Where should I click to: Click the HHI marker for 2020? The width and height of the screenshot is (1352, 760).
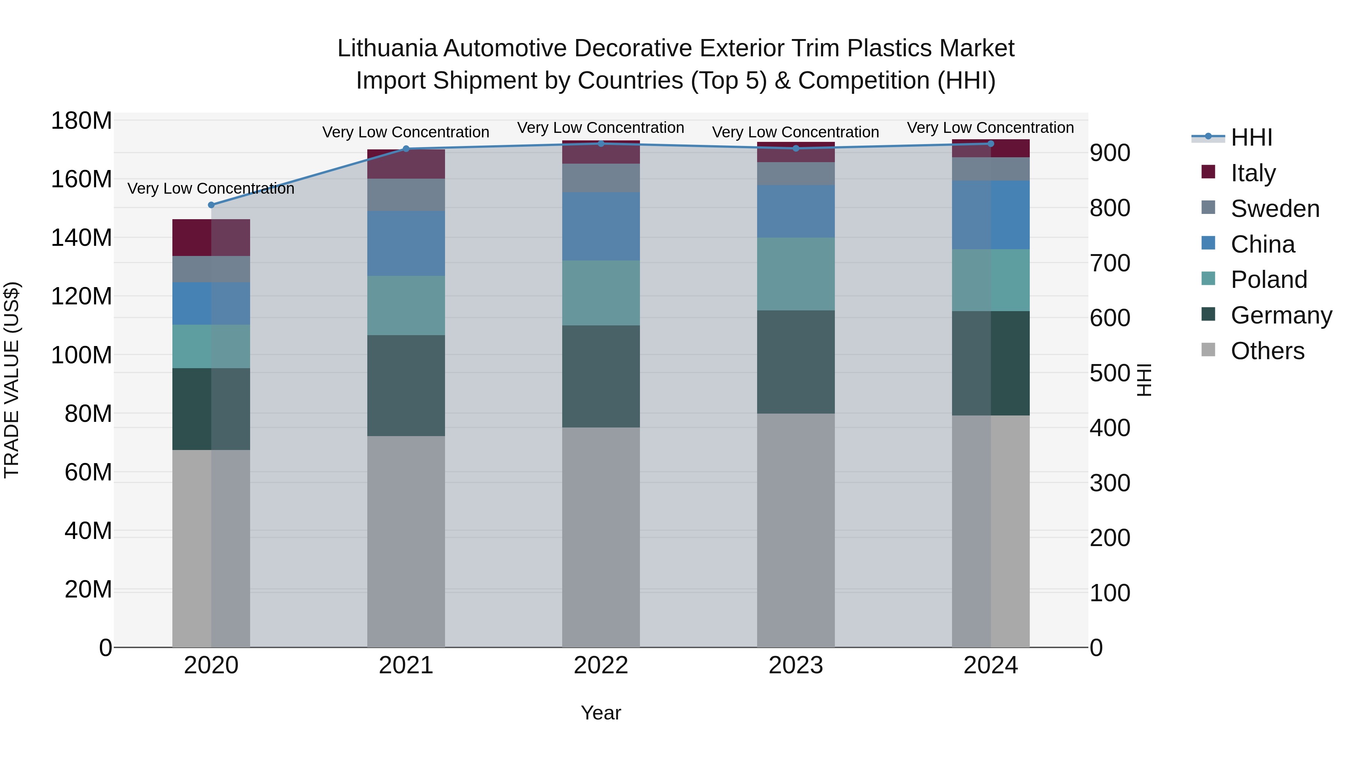pyautogui.click(x=211, y=205)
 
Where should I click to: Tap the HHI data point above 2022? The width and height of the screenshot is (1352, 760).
pyautogui.click(x=601, y=144)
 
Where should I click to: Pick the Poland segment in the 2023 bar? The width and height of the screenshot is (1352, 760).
pyautogui.click(x=796, y=274)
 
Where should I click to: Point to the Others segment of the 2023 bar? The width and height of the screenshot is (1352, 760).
pyautogui.click(x=796, y=530)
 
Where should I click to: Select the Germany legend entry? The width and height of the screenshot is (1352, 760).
pyautogui.click(x=1281, y=315)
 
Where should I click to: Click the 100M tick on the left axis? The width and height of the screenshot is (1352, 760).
pyautogui.click(x=81, y=355)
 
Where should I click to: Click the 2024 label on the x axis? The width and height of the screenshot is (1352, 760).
pyautogui.click(x=990, y=665)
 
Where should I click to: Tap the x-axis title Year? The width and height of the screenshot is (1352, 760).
pyautogui.click(x=601, y=713)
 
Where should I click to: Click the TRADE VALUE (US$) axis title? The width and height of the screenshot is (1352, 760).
pyautogui.click(x=12, y=380)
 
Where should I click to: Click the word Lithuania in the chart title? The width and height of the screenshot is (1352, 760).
pyautogui.click(x=387, y=48)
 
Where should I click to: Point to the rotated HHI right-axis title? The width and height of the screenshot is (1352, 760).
pyautogui.click(x=1144, y=380)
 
